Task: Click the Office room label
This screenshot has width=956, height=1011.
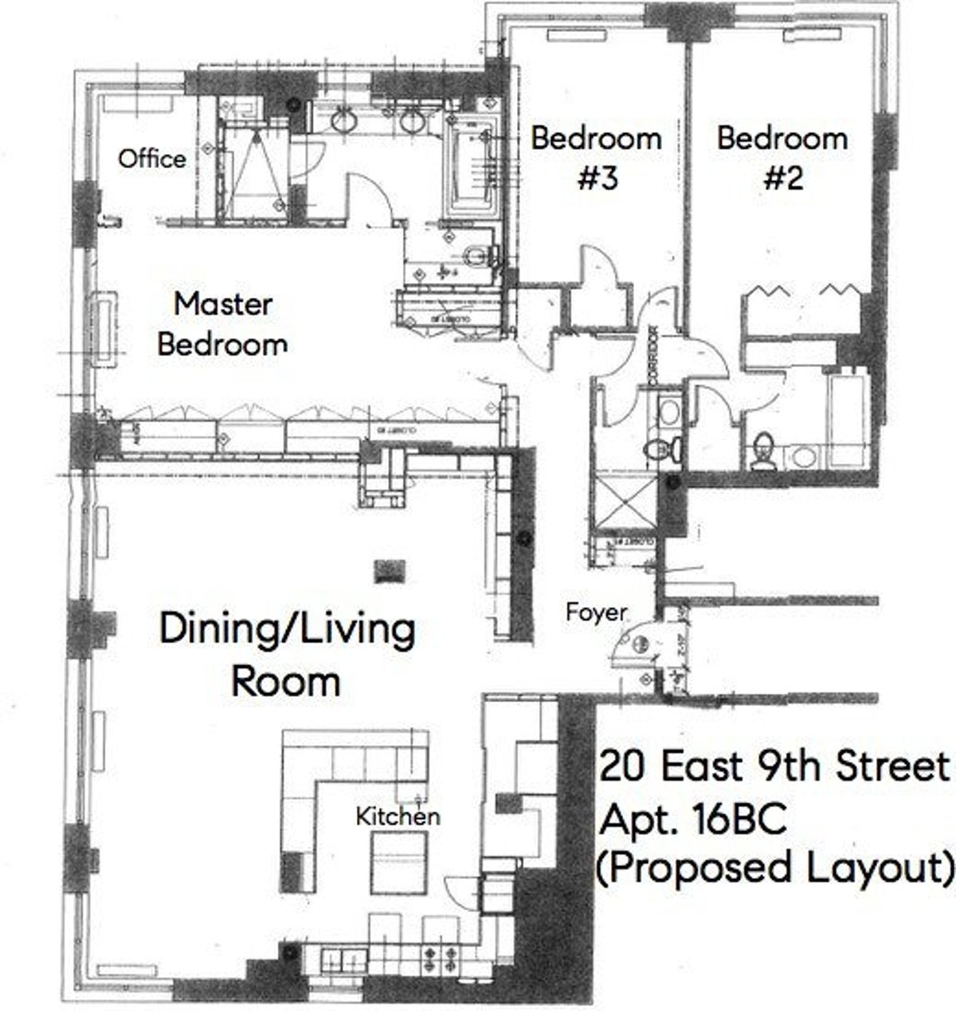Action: (151, 159)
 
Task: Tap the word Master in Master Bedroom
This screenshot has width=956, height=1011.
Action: (223, 304)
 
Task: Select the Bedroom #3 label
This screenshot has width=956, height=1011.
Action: (596, 158)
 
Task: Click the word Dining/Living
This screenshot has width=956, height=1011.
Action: (287, 629)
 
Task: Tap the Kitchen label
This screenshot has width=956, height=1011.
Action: (397, 816)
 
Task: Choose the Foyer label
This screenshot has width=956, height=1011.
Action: (596, 612)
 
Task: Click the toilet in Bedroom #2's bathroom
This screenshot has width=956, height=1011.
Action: (764, 449)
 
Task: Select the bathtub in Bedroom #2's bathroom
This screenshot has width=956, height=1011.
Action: (846, 419)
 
